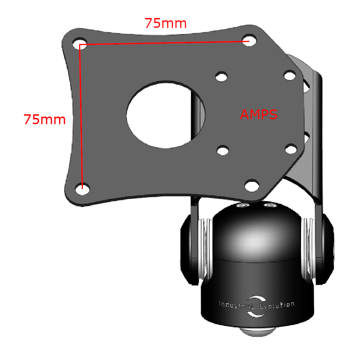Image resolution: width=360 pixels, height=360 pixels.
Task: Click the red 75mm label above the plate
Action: [165, 23]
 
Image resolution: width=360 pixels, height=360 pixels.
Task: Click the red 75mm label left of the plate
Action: [45, 120]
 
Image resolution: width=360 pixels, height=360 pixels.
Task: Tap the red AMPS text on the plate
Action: [258, 114]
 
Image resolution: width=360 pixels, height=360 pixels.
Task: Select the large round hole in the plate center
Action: [166, 114]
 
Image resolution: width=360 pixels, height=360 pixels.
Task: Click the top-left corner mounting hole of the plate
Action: [81, 44]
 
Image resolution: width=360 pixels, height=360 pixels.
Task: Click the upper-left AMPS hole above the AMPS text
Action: [221, 76]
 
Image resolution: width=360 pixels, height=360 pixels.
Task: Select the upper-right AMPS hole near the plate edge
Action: [289, 75]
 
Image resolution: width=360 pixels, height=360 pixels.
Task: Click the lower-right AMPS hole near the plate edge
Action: [291, 148]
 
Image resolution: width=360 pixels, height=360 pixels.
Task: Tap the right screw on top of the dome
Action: [270, 206]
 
